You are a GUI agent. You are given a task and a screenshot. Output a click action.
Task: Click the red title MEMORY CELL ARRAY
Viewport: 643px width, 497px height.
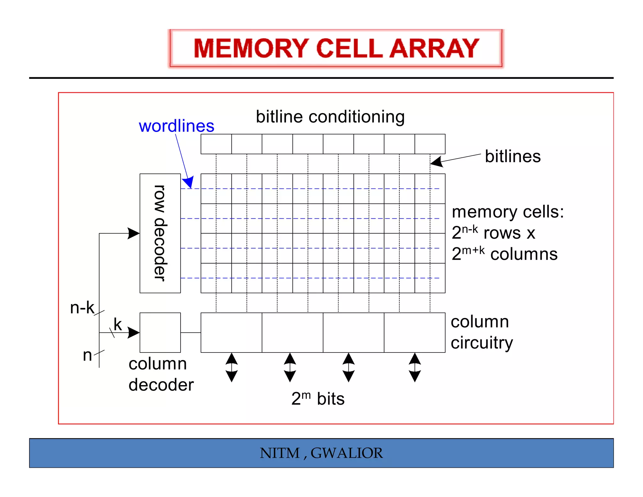click(336, 48)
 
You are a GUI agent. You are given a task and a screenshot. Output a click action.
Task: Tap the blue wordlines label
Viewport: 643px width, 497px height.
click(176, 126)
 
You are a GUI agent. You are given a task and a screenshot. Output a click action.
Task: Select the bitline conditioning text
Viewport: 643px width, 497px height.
click(330, 117)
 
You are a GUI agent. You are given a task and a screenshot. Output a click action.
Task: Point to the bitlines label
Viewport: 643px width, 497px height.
click(513, 156)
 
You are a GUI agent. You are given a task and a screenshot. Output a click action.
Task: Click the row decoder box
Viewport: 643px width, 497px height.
click(160, 233)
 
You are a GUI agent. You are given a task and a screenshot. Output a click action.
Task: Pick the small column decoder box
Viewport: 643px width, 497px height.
click(160, 332)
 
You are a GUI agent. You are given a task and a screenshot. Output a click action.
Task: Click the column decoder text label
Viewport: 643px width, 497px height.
click(161, 374)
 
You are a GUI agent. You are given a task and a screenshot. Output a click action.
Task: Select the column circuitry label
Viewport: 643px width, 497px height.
click(482, 332)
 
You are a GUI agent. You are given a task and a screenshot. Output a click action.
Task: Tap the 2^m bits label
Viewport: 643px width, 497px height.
click(318, 399)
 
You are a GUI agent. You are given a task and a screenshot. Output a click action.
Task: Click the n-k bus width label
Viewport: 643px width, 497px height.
click(82, 308)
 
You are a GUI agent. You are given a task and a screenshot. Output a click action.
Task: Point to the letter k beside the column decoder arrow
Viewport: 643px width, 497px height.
click(118, 324)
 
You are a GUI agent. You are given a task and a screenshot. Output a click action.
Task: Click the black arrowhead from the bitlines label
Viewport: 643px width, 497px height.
click(437, 161)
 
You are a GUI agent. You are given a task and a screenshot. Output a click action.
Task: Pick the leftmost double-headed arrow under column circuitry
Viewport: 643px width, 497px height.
click(232, 367)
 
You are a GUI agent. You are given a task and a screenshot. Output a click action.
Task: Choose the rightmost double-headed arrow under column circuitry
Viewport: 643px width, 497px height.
click(415, 367)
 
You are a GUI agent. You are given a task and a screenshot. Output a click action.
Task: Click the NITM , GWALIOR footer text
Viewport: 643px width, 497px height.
click(321, 453)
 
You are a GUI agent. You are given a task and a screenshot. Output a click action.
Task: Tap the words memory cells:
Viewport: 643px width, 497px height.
click(508, 212)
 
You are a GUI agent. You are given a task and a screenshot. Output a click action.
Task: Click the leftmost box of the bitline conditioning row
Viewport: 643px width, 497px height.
click(216, 144)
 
